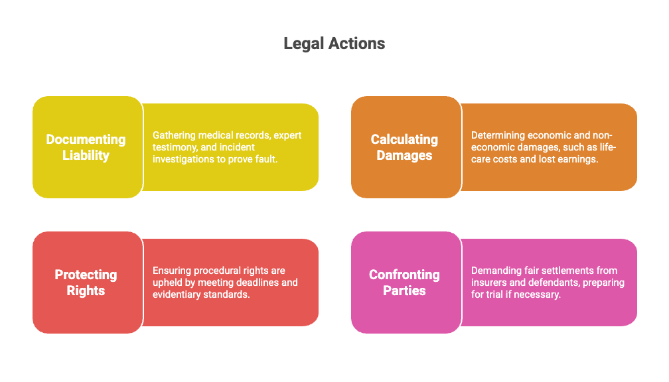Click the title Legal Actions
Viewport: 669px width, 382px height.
(x=334, y=44)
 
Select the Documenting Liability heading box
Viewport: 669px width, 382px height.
(x=87, y=147)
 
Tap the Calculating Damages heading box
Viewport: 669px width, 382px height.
(x=406, y=147)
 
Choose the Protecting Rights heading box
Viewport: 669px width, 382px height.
(x=87, y=283)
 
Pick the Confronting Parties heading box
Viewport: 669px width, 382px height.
(x=406, y=283)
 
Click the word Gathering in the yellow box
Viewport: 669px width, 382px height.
(x=174, y=135)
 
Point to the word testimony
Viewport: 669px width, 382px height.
(x=174, y=147)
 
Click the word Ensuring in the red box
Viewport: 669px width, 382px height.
(x=171, y=271)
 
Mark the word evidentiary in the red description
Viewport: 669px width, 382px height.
(x=179, y=294)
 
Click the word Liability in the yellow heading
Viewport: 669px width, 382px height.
(x=86, y=156)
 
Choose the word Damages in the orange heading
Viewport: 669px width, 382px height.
(x=404, y=156)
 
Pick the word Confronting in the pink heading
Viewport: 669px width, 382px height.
(x=404, y=275)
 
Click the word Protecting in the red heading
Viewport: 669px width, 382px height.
(x=86, y=275)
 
